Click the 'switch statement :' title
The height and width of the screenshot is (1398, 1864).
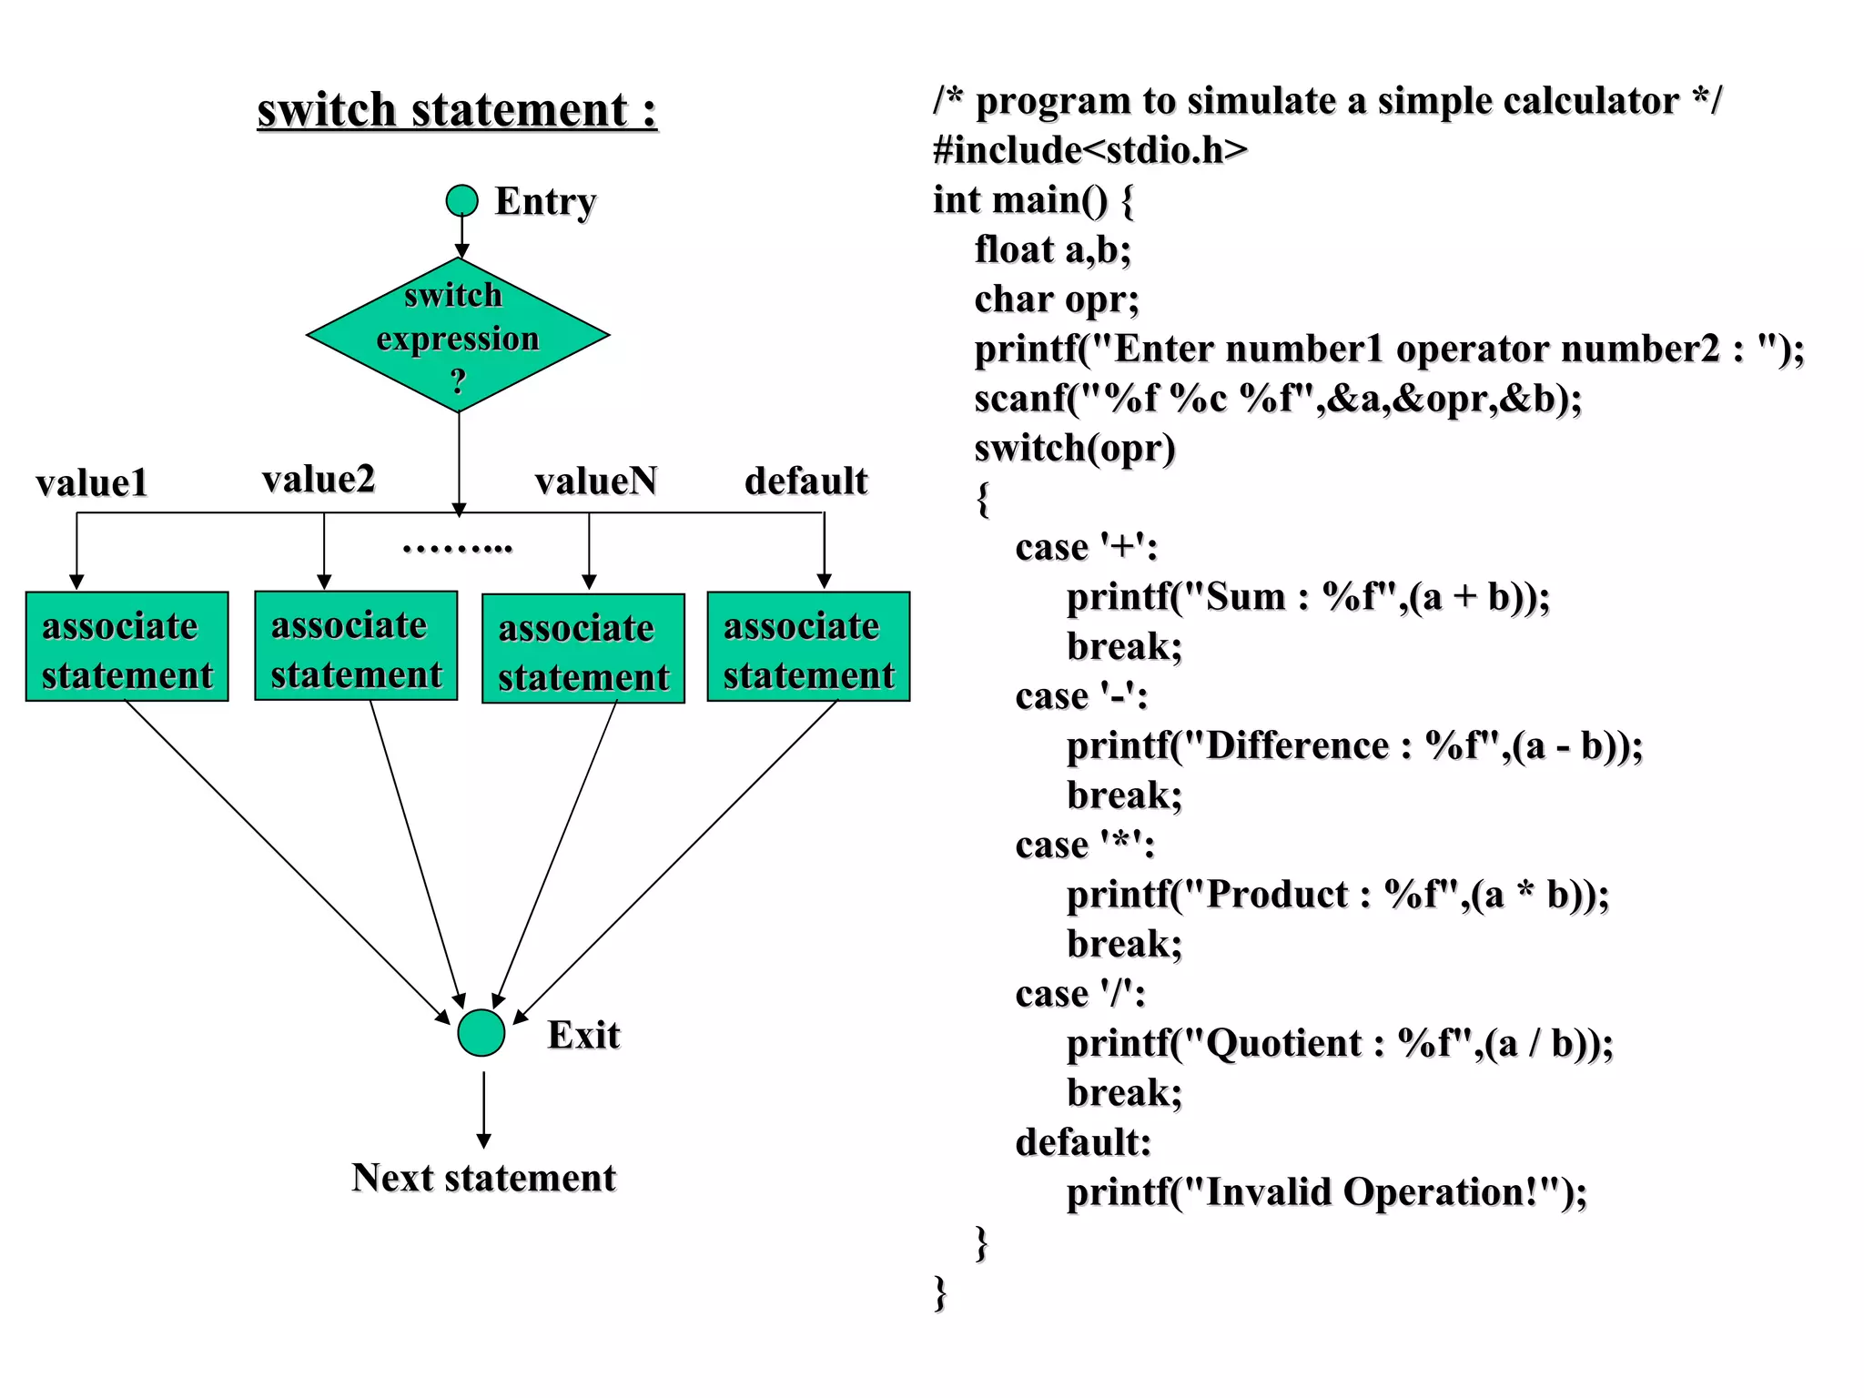pos(457,110)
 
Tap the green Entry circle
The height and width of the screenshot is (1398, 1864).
pos(461,200)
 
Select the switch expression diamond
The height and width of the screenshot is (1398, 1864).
pos(458,336)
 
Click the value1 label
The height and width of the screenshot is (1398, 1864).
pos(92,483)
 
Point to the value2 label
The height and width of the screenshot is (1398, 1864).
pos(319,480)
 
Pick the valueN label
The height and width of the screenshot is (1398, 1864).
pos(596,481)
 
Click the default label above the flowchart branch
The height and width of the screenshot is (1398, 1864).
pos(805,481)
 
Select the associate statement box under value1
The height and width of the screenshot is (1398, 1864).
pos(127,647)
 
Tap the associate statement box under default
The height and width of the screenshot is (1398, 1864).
pos(808,647)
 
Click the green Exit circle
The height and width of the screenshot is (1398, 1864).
pos(481,1032)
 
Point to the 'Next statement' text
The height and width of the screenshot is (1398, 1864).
pos(483,1178)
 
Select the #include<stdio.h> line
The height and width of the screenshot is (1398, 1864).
pos(1089,150)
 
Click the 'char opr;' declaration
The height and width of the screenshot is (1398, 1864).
pos(1057,299)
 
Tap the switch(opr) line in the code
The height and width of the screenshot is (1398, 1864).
pos(1075,449)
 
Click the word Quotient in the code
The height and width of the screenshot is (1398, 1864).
pos(1283,1044)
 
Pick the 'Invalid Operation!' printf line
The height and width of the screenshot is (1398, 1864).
pos(1326,1192)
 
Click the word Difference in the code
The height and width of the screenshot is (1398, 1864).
pos(1297,746)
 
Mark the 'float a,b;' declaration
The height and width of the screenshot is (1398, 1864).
pos(1052,250)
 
